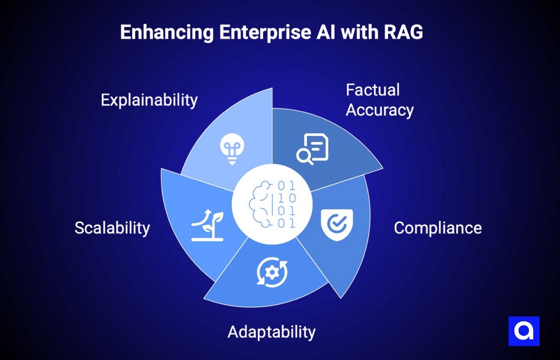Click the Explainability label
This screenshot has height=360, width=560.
click(x=149, y=100)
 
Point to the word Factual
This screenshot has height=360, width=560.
click(x=373, y=90)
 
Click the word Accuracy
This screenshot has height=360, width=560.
click(x=380, y=110)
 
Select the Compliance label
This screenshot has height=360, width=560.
click(x=437, y=228)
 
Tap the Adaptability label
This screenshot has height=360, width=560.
click(x=271, y=332)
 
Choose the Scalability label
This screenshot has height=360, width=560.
click(x=112, y=228)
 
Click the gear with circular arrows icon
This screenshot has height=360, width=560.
click(x=272, y=272)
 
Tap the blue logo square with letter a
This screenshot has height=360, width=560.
click(x=524, y=331)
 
